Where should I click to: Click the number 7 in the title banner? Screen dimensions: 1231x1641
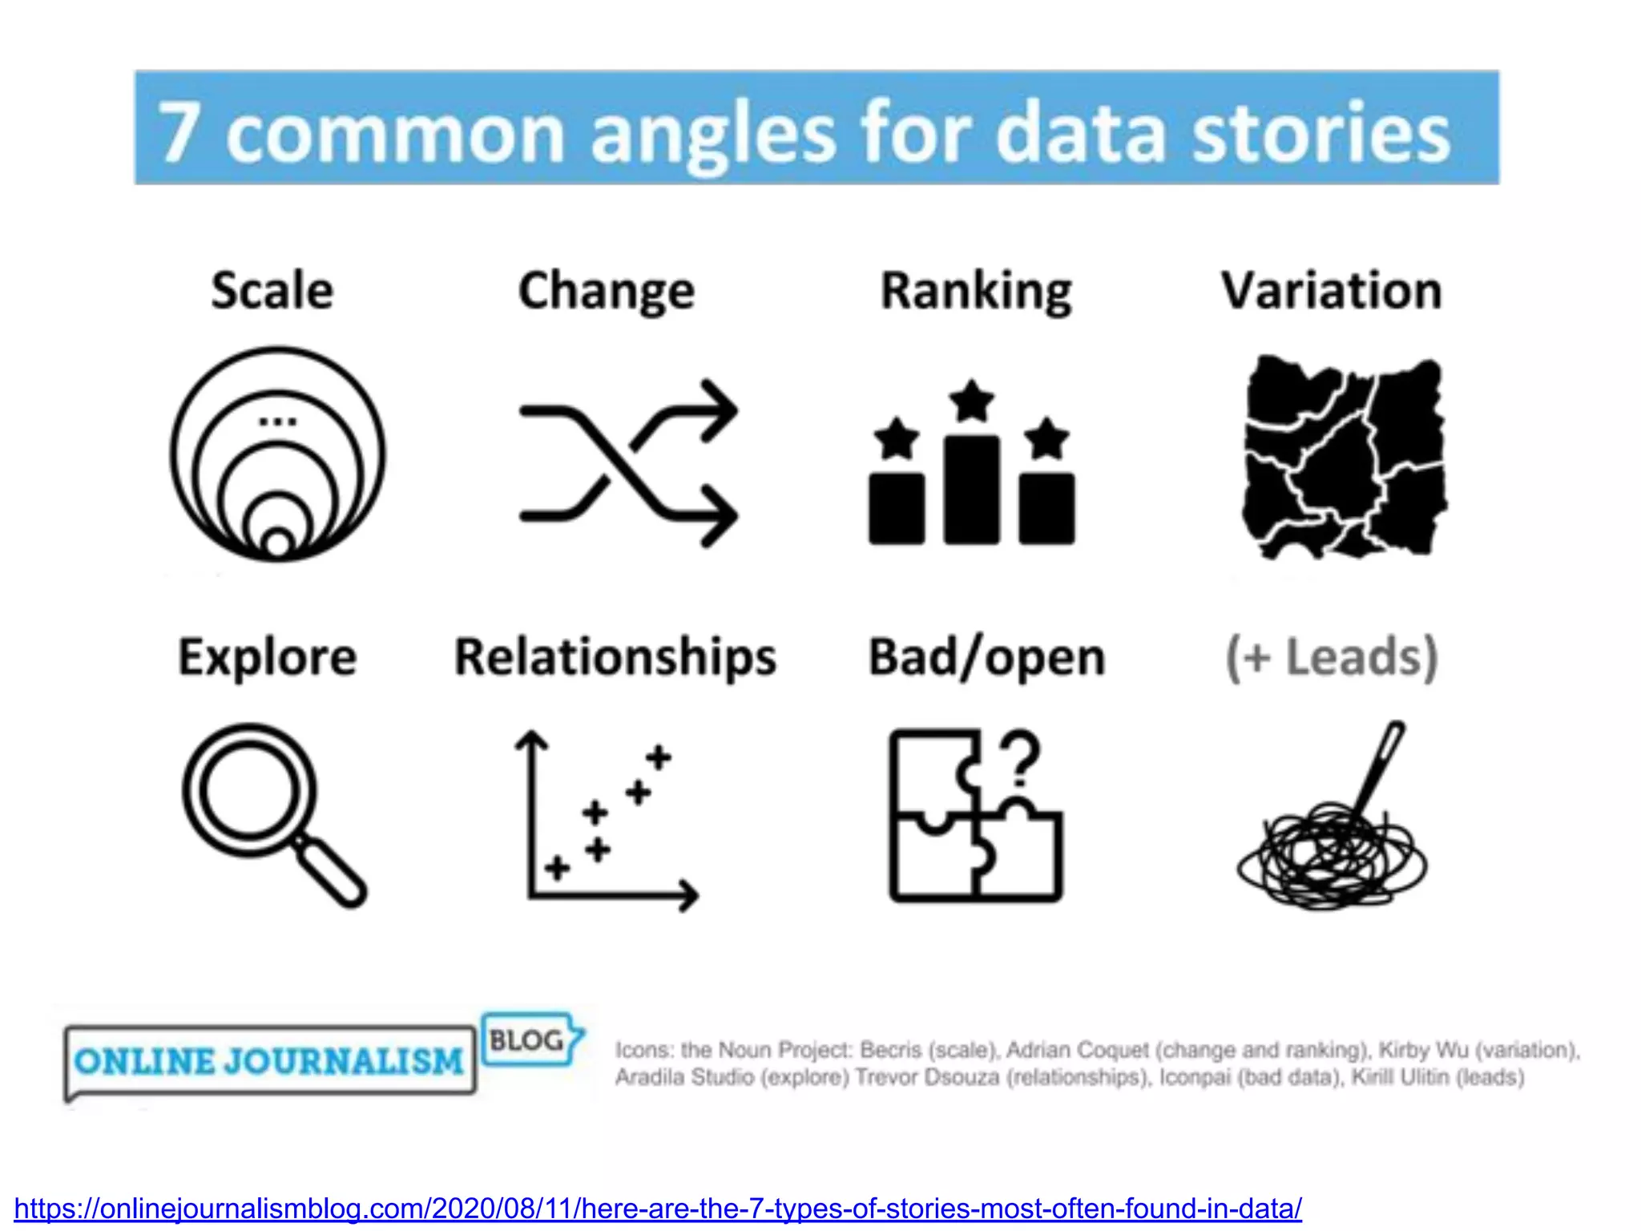pos(178,132)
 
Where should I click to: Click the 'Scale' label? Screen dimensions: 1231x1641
pos(272,290)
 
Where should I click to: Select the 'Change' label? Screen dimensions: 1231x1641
pos(607,290)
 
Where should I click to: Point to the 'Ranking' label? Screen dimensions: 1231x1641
pos(976,290)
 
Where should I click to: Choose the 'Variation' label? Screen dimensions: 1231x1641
pos(1332,290)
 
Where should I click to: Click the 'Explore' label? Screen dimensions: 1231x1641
pos(267,657)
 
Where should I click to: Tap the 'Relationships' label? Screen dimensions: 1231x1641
pos(615,657)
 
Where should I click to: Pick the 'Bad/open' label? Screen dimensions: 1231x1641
pos(987,657)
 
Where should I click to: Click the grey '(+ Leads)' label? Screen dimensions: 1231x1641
pos(1332,657)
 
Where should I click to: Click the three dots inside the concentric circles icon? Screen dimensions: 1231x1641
pos(277,422)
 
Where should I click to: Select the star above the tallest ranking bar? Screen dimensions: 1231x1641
pos(971,401)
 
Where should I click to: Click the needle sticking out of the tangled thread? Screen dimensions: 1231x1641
pos(1380,769)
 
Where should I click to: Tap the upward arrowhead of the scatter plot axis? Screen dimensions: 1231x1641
pos(530,741)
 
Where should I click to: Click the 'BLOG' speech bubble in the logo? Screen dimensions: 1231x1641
pos(529,1040)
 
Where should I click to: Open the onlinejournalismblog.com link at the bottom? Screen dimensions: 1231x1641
pos(657,1208)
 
